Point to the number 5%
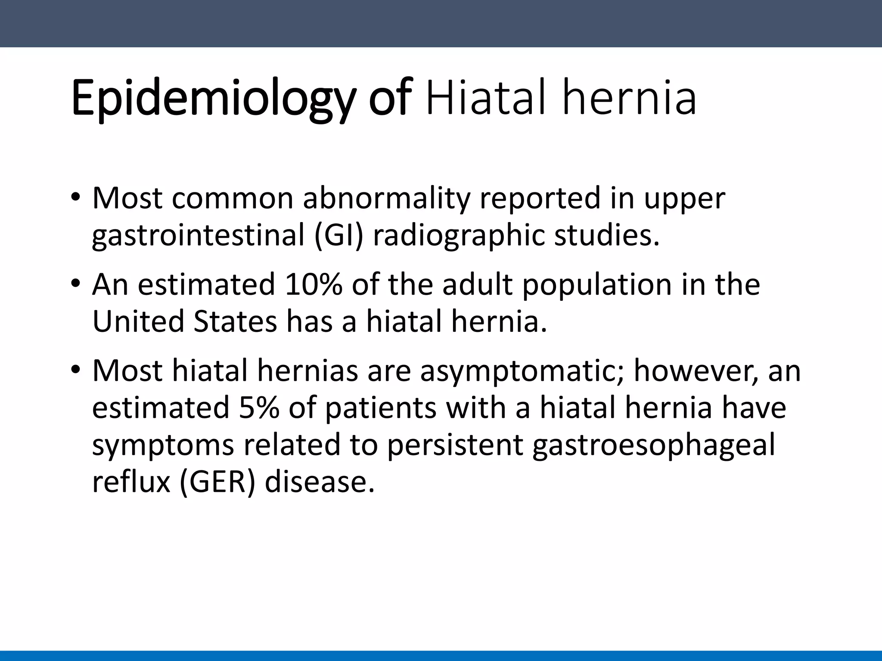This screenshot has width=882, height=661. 258,408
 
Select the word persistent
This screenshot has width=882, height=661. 454,445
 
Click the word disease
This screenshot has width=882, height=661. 319,482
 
